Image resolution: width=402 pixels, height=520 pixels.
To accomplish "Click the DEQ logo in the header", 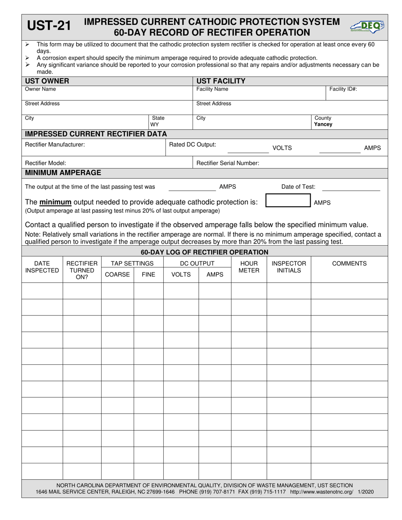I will [x=367, y=27].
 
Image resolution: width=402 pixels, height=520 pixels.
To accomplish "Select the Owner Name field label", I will [x=40, y=89].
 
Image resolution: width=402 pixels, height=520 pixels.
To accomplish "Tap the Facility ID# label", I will [x=343, y=89].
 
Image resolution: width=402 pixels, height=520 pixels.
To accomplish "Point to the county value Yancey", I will [x=323, y=125].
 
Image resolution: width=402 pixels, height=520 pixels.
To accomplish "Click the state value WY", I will [x=155, y=125].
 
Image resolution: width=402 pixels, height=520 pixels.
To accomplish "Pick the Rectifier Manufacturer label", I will [x=55, y=145].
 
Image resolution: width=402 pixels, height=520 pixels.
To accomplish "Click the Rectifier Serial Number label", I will [x=228, y=163].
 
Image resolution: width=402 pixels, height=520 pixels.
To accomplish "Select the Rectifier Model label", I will [x=46, y=163].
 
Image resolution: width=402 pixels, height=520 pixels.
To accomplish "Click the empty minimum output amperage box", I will [x=288, y=201].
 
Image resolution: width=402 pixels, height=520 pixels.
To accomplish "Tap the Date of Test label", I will [x=298, y=187].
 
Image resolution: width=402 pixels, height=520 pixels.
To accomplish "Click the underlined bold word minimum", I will [x=55, y=202].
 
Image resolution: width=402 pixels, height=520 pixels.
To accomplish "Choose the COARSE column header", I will [x=117, y=274].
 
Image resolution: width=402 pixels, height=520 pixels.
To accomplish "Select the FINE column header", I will [x=149, y=274].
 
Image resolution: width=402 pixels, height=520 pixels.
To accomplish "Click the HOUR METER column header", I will [x=249, y=267].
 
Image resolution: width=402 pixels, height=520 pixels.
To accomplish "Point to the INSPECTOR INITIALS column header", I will [x=289, y=267].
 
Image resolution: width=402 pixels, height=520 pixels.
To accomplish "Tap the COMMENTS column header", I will [x=349, y=263].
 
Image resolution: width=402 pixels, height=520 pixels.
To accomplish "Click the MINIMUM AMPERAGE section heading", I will [x=63, y=172].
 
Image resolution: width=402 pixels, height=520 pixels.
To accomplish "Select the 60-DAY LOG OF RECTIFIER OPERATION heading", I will [x=204, y=252].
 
